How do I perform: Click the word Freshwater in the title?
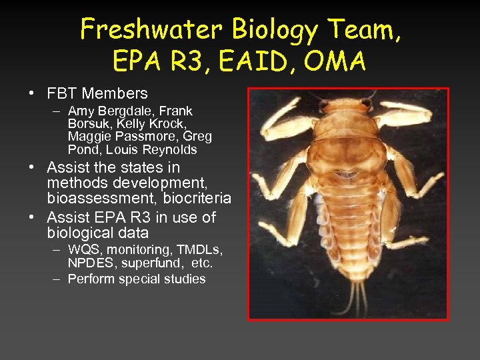151,30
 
